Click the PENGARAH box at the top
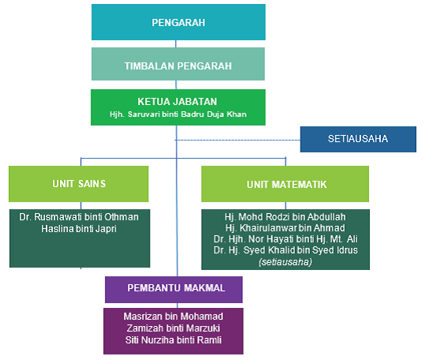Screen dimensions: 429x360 178,22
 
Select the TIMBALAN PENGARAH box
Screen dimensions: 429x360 178,64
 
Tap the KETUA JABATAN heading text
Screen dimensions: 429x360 177,102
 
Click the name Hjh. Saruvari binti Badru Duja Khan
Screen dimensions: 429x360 178,114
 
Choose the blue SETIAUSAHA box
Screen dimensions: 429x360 358,139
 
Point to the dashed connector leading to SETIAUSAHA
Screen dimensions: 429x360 237,141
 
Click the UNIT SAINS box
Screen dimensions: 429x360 79,184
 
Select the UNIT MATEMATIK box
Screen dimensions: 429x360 285,184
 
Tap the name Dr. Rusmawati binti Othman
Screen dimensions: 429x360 79,217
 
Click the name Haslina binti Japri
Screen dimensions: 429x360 79,229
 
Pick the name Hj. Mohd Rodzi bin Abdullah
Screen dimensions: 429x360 285,217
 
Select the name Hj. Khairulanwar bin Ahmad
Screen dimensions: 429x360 285,228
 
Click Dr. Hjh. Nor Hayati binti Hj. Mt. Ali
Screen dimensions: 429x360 285,239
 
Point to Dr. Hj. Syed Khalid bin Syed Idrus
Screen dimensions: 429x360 285,250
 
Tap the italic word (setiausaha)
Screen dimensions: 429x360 285,262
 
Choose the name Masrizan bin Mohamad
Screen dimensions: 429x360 173,317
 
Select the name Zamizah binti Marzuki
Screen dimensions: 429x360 173,328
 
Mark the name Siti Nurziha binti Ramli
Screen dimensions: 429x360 173,340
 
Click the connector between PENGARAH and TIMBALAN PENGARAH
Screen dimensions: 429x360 176,44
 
